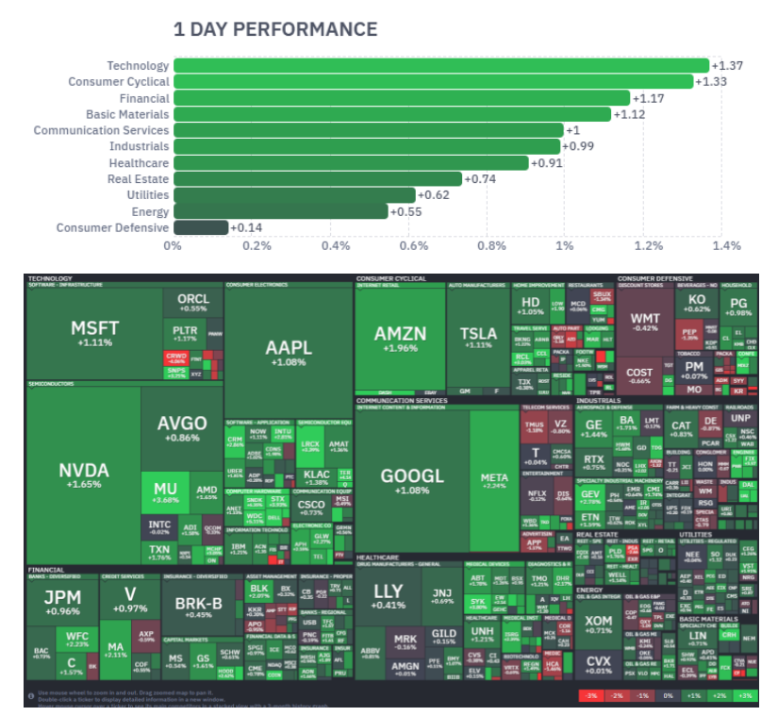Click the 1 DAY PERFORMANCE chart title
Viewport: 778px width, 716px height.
pyautogui.click(x=275, y=29)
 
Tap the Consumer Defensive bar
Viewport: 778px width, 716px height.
pyautogui.click(x=201, y=227)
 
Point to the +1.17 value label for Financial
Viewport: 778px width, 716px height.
pyautogui.click(x=649, y=98)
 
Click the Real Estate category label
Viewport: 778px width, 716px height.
pyautogui.click(x=139, y=179)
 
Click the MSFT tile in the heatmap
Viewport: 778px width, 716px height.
pyautogui.click(x=94, y=333)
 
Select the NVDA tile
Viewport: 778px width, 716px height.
pyautogui.click(x=83, y=475)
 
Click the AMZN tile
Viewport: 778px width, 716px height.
pyautogui.click(x=400, y=340)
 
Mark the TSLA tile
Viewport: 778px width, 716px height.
pyautogui.click(x=478, y=340)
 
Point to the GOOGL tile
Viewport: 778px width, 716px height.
pyautogui.click(x=411, y=481)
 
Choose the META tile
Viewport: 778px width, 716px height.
pyautogui.click(x=494, y=481)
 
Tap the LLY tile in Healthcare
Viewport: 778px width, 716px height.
pyautogui.click(x=389, y=596)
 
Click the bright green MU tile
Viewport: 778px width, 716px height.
pyautogui.click(x=165, y=493)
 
